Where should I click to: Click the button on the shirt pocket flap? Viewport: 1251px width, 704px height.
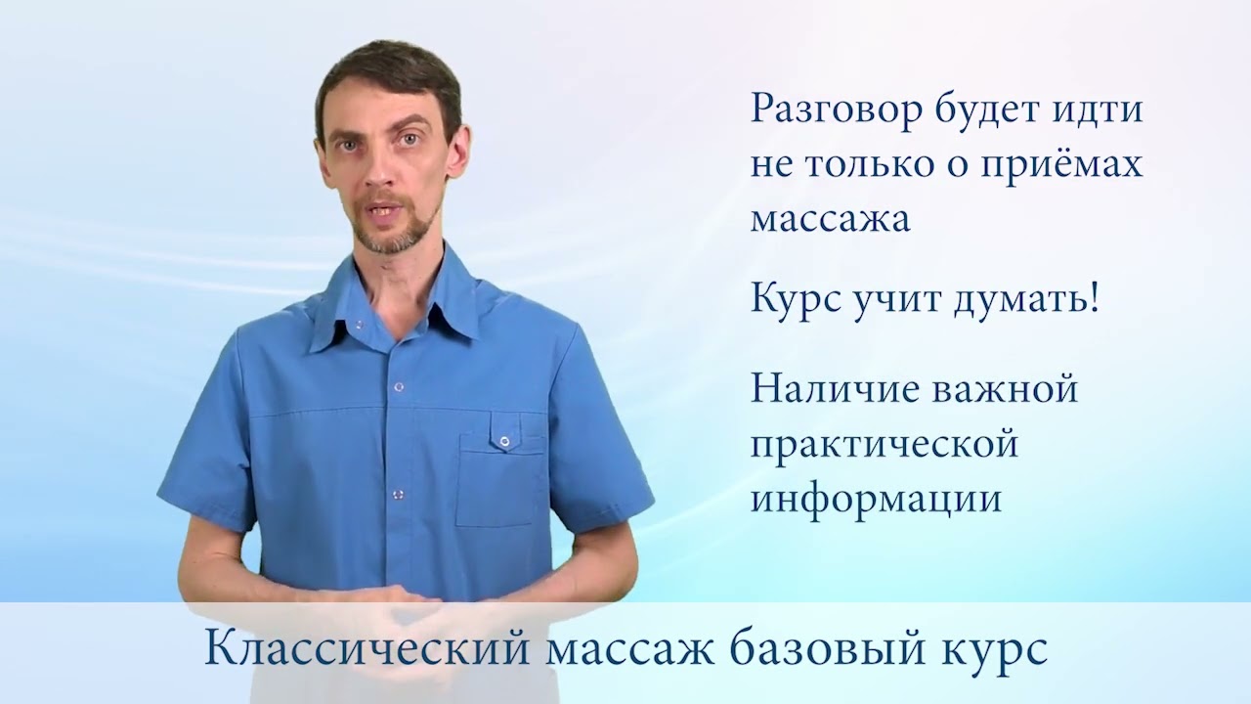[x=504, y=441]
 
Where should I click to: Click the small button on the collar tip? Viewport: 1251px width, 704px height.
[x=359, y=324]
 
